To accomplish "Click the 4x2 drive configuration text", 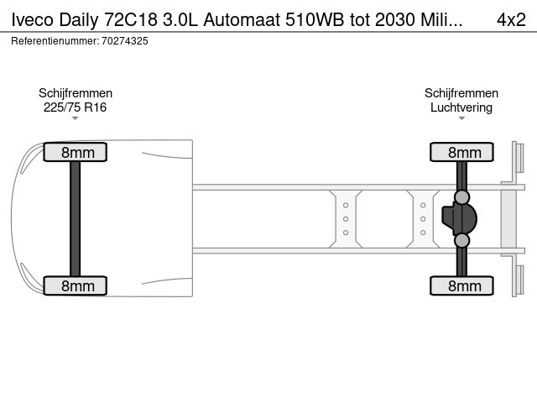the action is (x=511, y=19).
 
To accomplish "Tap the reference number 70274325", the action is (x=125, y=41).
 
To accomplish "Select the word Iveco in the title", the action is (x=33, y=19).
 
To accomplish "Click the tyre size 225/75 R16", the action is (x=75, y=107).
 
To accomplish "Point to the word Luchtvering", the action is (x=461, y=107).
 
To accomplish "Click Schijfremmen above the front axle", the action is (x=76, y=93).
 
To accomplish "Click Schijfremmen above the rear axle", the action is (x=461, y=93).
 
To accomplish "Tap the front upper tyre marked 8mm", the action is (x=75, y=152).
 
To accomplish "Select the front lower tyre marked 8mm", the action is (x=75, y=285).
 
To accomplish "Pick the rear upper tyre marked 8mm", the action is (x=461, y=152).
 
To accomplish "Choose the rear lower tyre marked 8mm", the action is (x=461, y=285).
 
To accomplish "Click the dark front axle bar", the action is (x=75, y=218).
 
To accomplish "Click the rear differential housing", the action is (x=459, y=218).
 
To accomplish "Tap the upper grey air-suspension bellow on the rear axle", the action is (x=461, y=197).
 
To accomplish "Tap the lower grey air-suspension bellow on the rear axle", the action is (x=461, y=241).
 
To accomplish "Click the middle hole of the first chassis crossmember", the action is (x=346, y=219).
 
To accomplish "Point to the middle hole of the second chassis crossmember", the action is (x=423, y=219).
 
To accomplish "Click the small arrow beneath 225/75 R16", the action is (x=75, y=118).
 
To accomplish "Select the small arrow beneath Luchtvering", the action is (x=461, y=118).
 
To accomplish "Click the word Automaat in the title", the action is (x=242, y=19).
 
